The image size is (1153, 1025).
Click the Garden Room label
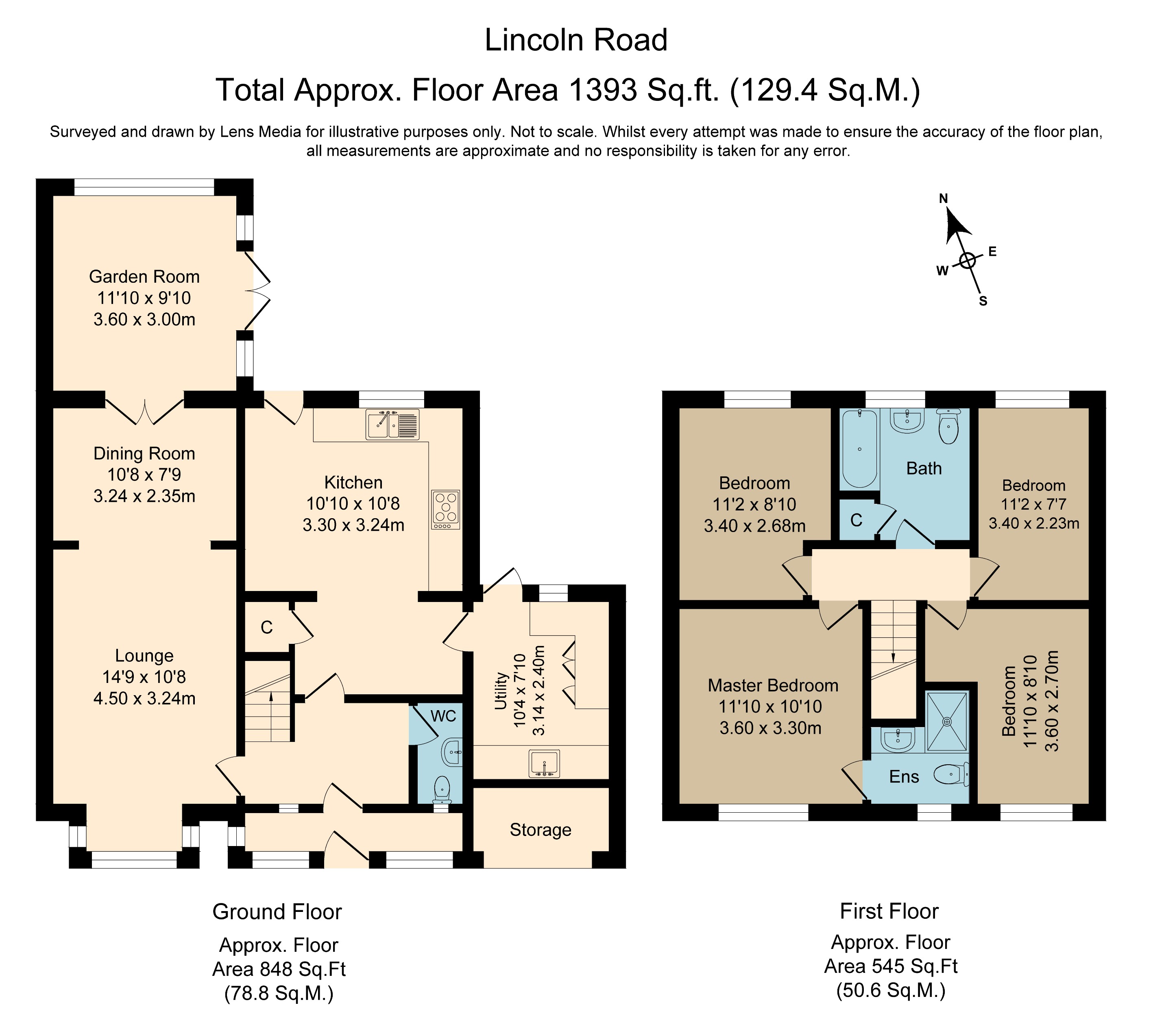coord(144,277)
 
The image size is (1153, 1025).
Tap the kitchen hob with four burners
coord(446,509)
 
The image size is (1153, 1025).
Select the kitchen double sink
coord(392,424)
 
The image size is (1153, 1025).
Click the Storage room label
coord(541,830)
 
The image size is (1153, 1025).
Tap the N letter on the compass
coord(943,198)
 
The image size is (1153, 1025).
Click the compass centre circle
coord(968,261)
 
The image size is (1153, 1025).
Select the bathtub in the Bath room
coord(860,449)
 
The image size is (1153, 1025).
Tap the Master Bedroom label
coord(773,685)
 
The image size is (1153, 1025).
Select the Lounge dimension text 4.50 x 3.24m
coord(144,698)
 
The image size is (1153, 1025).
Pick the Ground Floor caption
coord(277,912)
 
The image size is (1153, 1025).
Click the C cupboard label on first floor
coord(856,520)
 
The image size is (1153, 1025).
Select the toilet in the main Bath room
coord(949,426)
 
